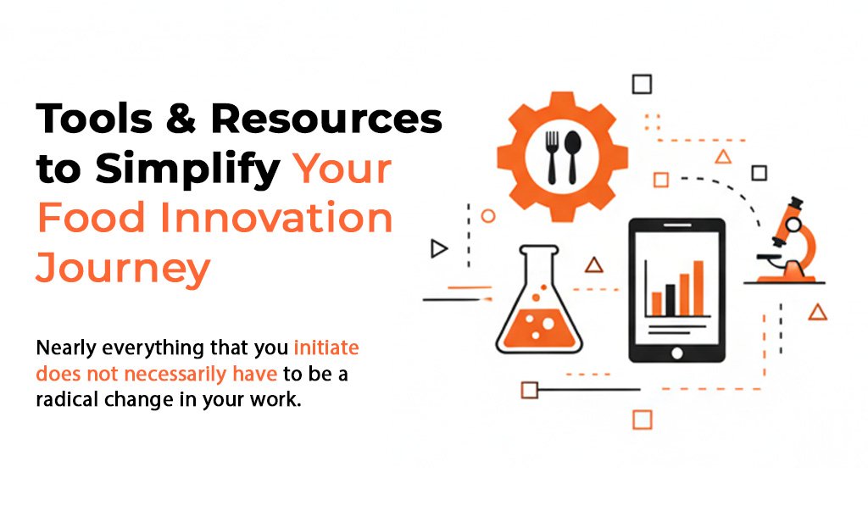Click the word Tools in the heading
93,118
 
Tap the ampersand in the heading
181,118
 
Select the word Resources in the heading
326,118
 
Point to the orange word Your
342,169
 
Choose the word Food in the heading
92,218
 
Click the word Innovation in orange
276,218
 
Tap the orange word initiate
326,347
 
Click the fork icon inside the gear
552,157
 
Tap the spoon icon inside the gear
572,157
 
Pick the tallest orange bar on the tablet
698,288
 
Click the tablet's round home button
676,353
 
